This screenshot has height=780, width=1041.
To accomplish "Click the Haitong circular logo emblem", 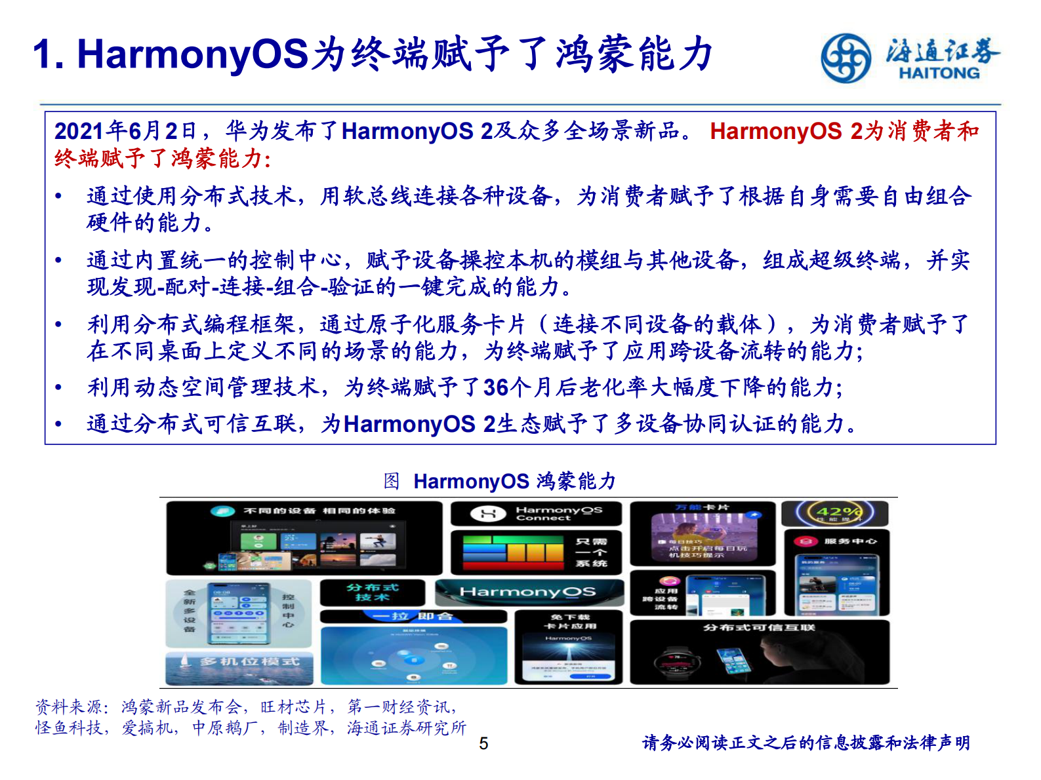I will tap(846, 58).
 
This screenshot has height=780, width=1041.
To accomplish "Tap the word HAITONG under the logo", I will tap(939, 73).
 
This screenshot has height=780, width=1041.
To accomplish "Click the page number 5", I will tap(483, 743).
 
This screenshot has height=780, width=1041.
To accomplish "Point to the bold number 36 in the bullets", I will tap(496, 388).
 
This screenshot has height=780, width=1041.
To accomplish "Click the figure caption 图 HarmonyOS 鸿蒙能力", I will tap(500, 481).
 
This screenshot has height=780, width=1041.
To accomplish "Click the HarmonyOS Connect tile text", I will tap(558, 513).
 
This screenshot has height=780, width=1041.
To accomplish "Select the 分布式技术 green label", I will tap(373, 593).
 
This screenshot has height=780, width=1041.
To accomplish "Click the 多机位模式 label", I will tap(249, 661).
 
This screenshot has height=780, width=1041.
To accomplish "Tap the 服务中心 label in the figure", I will tap(850, 541).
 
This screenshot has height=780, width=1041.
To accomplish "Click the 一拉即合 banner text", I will tap(413, 617).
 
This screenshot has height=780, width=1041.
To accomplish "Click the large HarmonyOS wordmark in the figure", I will tap(528, 592).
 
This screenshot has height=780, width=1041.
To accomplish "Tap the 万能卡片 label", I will tap(702, 507).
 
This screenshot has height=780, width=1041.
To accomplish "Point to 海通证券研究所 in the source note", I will tap(407, 728).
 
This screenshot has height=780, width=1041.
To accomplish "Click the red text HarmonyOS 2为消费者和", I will tap(844, 131).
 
